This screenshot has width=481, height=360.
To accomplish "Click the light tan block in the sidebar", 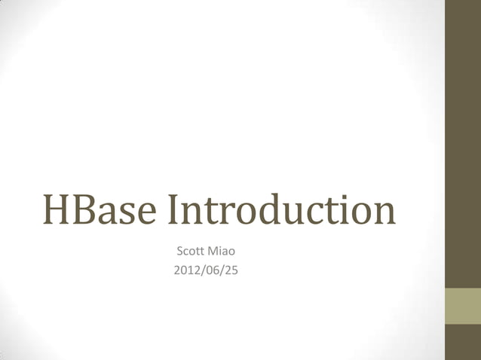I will [x=463, y=306].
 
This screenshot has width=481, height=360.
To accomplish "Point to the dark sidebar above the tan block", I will [x=463, y=143].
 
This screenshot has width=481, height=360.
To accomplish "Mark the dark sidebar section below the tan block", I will [x=463, y=342].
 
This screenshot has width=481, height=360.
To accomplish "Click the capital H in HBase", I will [x=57, y=211].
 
